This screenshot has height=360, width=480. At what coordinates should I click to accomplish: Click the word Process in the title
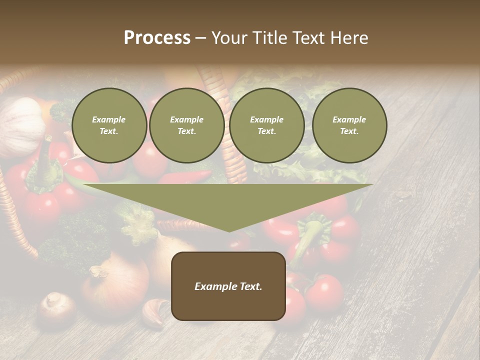(x=157, y=38)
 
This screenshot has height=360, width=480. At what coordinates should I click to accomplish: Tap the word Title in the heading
(x=272, y=38)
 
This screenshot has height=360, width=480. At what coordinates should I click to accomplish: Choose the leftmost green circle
(x=109, y=125)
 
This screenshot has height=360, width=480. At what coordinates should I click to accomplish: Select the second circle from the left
(x=187, y=125)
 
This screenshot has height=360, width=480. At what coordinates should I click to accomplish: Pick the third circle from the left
(x=267, y=125)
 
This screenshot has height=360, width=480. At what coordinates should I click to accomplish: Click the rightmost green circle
(x=349, y=125)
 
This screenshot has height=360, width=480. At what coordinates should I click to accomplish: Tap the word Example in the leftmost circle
(x=109, y=119)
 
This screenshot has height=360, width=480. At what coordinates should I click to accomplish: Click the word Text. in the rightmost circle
(x=349, y=131)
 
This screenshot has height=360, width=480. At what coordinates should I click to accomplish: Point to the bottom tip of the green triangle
(x=228, y=231)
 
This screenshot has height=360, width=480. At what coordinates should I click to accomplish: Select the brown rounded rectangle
(x=228, y=286)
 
